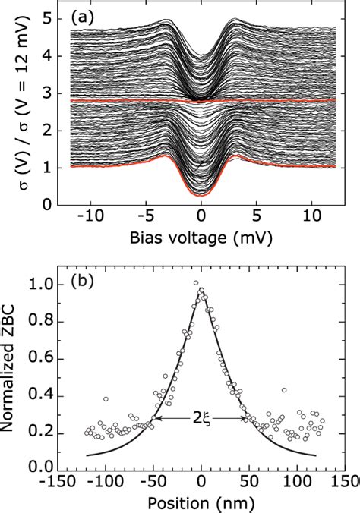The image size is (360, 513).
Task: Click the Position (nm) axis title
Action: point(201,503)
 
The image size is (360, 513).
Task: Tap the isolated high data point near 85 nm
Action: point(283,390)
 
